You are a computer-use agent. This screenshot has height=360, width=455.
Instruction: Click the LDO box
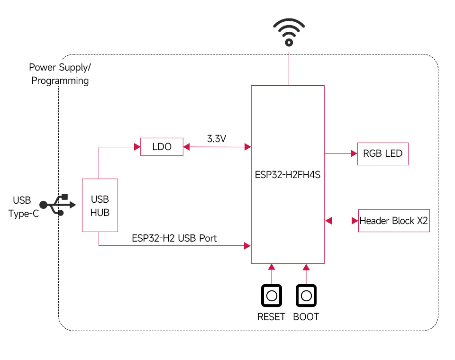click(x=162, y=147)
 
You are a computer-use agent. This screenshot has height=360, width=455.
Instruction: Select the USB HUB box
click(x=100, y=206)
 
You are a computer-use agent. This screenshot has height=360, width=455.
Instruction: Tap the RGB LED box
click(x=382, y=153)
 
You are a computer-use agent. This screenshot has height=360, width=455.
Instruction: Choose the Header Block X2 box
click(x=394, y=220)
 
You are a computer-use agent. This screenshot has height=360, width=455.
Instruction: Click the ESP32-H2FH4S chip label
click(x=288, y=174)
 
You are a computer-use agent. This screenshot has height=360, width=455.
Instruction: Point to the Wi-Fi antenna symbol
click(x=288, y=32)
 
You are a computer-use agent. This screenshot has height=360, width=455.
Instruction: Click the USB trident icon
click(x=57, y=205)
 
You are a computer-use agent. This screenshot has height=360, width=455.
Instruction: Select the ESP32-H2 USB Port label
click(x=174, y=238)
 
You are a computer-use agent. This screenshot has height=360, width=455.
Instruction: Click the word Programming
click(x=60, y=81)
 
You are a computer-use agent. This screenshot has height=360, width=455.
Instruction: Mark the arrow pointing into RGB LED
click(x=353, y=153)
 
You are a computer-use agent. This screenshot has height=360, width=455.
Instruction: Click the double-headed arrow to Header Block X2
click(x=341, y=220)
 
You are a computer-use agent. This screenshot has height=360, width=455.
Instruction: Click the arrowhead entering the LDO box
click(x=136, y=147)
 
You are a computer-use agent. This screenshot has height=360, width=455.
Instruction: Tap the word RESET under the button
click(x=271, y=317)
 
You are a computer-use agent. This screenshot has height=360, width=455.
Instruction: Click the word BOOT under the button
click(x=306, y=317)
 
